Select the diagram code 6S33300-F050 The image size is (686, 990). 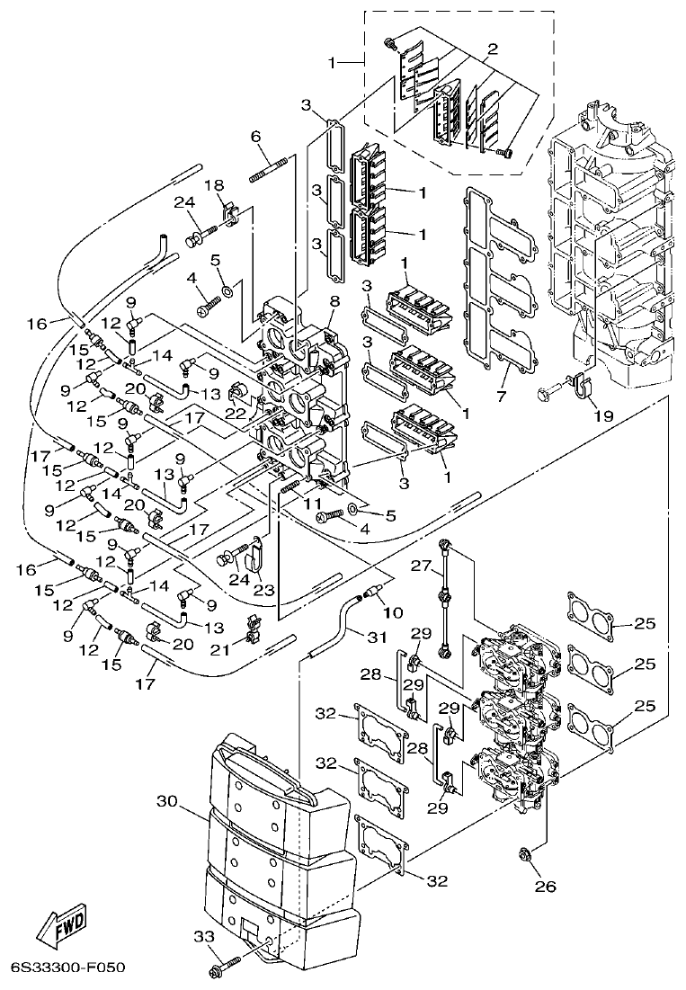(x=67, y=968)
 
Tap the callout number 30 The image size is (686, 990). (x=167, y=800)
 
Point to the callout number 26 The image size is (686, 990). (x=546, y=887)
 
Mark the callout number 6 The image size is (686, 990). (x=255, y=136)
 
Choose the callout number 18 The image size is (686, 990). (x=215, y=184)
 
